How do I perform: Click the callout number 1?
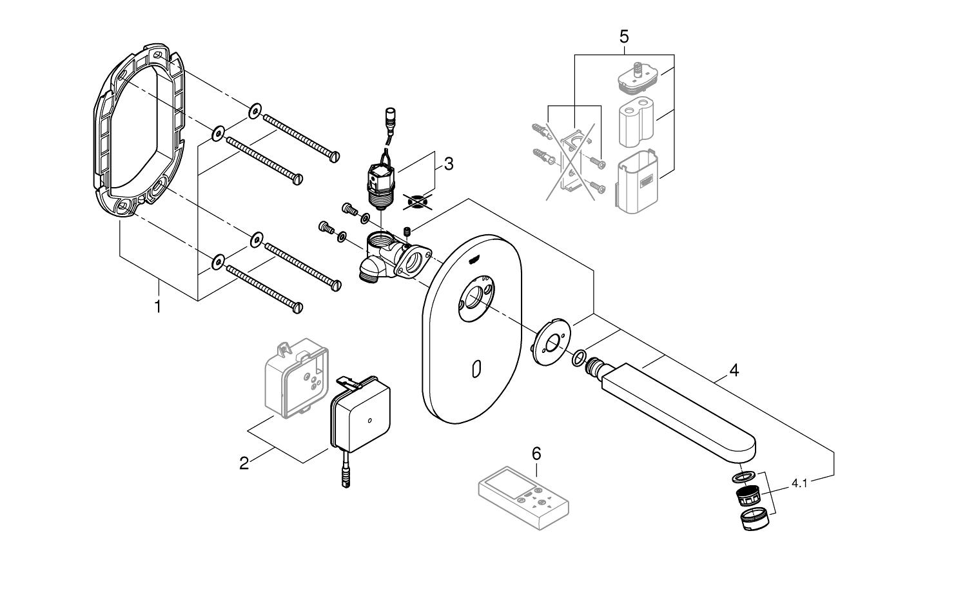coord(158,306)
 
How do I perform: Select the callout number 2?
coord(244,463)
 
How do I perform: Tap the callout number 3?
coord(447,164)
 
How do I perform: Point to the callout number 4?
coord(734,370)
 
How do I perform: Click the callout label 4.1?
coord(799,483)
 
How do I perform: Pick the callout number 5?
coord(623,36)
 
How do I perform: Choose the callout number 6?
coord(536,453)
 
